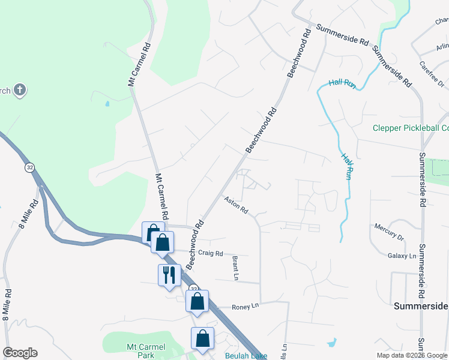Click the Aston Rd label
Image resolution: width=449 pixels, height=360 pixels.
(236, 205)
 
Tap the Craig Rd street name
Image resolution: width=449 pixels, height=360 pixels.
(211, 253)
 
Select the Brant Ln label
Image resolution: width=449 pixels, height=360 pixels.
(235, 268)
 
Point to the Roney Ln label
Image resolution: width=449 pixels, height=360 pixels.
(246, 305)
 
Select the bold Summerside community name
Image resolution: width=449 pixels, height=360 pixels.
(421, 306)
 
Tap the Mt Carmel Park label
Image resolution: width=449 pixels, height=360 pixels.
(142, 350)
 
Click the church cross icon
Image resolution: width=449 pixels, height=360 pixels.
(20, 91)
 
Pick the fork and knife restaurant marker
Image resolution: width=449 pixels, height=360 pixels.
(169, 275)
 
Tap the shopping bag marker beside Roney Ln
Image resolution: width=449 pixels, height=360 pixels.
(197, 301)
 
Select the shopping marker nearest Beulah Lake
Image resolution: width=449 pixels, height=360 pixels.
(203, 338)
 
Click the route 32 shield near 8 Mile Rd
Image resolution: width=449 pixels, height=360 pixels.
(29, 168)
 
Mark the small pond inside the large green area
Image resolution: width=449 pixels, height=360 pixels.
(107, 104)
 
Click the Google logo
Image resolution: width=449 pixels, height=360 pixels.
(20, 353)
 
